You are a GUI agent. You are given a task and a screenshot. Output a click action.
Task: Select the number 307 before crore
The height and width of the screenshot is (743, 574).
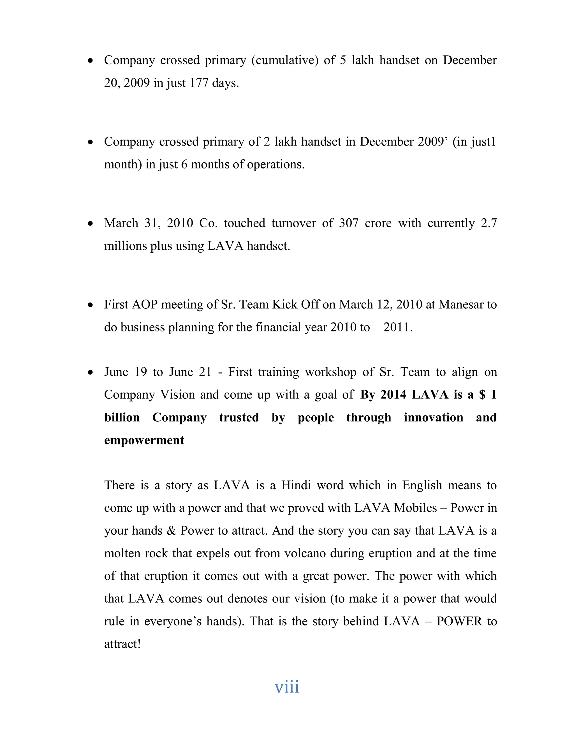[x=349, y=223]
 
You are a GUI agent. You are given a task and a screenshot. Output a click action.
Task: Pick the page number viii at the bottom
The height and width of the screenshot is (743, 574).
[x=287, y=687]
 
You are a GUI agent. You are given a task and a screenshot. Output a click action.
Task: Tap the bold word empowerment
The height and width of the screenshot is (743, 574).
[x=144, y=440]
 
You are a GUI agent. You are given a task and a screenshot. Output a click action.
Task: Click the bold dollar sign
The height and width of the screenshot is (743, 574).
[x=482, y=395]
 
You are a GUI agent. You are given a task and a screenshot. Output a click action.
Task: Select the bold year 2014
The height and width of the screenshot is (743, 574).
[x=394, y=395]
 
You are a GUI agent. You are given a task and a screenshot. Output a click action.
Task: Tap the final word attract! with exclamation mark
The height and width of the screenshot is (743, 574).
[x=122, y=644]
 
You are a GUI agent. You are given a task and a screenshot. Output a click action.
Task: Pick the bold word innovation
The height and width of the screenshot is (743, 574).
[x=433, y=417]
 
